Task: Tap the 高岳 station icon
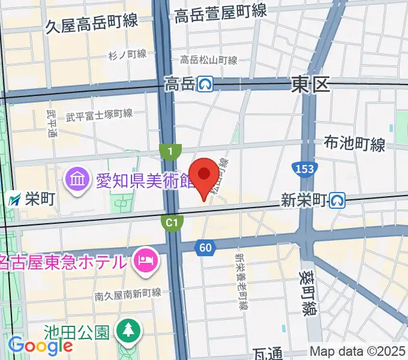coord(206,85)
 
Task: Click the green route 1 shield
coord(171,152)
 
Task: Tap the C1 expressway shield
coord(172,223)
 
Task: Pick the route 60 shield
coord(205,247)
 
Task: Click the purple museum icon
coord(78,178)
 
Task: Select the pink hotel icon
coord(146,260)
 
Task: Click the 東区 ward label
coord(311,85)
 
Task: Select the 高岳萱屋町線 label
coord(220,12)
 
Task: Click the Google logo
coord(40,345)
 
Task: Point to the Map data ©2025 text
coord(358,351)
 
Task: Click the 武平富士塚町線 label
coord(99,113)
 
